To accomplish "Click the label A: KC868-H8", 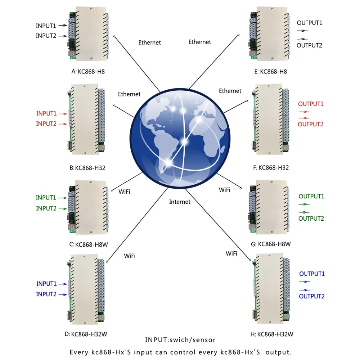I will [x=88, y=71].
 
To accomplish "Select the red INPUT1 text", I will [x=46, y=113].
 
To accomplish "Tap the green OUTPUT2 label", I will [x=311, y=219].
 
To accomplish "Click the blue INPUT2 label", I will [x=46, y=294].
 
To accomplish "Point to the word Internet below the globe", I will [x=180, y=202].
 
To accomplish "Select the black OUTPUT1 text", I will [x=309, y=23].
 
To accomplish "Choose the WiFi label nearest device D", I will [x=130, y=256].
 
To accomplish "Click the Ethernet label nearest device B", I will [x=129, y=94].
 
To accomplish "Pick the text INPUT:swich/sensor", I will [x=180, y=340].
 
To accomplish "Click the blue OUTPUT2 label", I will [x=312, y=296].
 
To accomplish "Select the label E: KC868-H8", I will [x=270, y=72].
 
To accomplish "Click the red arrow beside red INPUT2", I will [x=63, y=124].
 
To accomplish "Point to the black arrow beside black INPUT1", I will [x=63, y=26].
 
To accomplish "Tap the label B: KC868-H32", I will [x=88, y=167].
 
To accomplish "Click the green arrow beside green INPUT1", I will [x=63, y=198].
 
